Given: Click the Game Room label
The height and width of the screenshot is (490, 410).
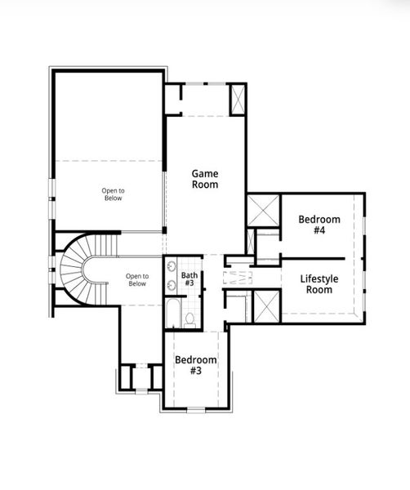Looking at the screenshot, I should (205, 179).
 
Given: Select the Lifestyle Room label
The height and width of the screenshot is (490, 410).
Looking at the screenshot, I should (318, 283).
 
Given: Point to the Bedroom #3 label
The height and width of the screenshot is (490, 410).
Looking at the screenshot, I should (196, 365).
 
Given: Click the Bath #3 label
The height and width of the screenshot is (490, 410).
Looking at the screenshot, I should (189, 279).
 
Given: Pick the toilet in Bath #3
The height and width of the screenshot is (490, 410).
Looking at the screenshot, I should (189, 318).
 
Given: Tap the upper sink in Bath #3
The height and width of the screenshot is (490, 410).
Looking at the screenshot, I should (170, 269).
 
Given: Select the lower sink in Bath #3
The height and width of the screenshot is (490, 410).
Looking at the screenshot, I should (170, 286).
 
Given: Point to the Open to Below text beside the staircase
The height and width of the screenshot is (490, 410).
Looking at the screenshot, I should (136, 280).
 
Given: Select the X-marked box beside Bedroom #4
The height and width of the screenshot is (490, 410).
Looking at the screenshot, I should (263, 211).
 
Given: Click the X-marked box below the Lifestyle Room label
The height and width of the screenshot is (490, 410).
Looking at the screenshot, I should (265, 306).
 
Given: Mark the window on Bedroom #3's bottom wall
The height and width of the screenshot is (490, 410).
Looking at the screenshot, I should (196, 408).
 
